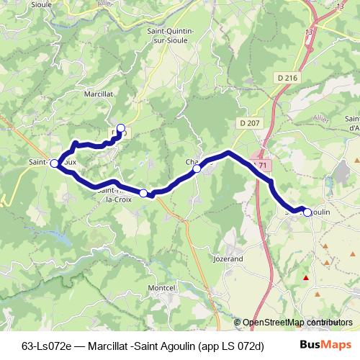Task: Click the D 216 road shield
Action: point(286,77)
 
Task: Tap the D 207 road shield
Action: point(249,123)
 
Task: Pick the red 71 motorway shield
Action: point(263,165)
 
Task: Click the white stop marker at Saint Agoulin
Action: point(307,212)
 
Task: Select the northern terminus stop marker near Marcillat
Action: point(121,129)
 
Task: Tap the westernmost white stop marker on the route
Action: point(54,163)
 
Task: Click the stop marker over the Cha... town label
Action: point(197,168)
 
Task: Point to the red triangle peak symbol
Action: point(306,277)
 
